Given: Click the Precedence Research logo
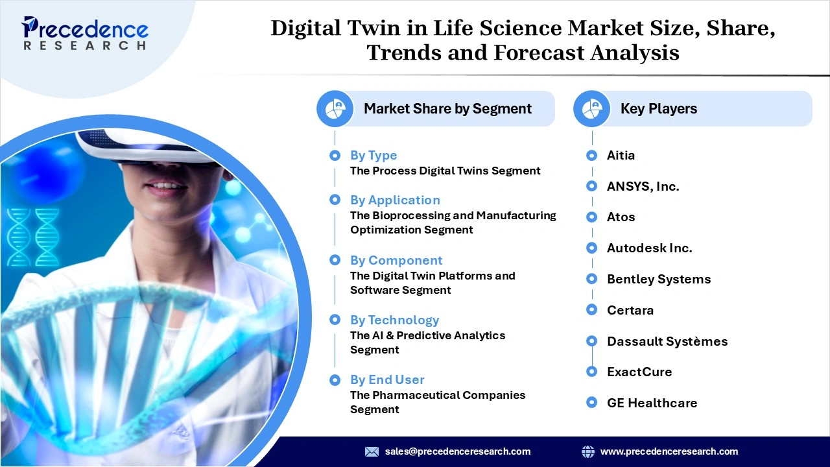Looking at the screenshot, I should click(x=85, y=33).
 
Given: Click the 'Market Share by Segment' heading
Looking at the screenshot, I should click(x=447, y=109).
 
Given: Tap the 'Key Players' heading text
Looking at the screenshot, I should click(x=658, y=109).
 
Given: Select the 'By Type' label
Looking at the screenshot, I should click(x=373, y=156).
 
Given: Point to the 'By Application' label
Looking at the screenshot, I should click(x=395, y=200).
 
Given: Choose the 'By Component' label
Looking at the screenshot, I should click(x=396, y=260).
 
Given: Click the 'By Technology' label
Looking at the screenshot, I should click(x=394, y=320).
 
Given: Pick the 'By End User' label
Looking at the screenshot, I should click(x=387, y=380).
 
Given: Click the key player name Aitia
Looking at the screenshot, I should click(x=621, y=156).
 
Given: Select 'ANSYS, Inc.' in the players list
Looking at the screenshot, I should click(x=643, y=187).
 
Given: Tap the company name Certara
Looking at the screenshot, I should click(x=630, y=310).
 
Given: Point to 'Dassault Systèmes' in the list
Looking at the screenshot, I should click(x=667, y=341).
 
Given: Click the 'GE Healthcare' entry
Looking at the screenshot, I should click(x=652, y=403).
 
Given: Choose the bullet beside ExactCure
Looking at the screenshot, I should click(x=591, y=372).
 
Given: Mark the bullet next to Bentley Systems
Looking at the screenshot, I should click(x=591, y=279).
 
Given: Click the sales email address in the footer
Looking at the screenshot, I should click(x=457, y=451).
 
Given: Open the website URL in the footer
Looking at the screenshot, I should click(x=669, y=451).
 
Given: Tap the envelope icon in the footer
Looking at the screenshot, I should click(x=372, y=451).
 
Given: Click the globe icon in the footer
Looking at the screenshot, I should click(x=587, y=451).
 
